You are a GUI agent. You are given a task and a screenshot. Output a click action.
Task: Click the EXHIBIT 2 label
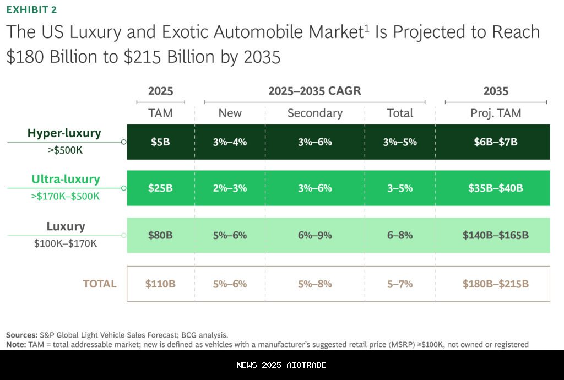(x=31, y=10)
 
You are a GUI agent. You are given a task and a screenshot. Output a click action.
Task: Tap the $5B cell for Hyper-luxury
(x=160, y=142)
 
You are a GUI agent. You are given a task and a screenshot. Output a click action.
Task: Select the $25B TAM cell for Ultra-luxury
(x=160, y=188)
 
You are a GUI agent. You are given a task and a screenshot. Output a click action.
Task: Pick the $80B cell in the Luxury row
(x=160, y=236)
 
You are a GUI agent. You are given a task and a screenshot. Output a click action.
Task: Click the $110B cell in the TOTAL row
(x=160, y=284)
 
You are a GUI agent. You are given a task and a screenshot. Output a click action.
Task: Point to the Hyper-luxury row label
(x=64, y=134)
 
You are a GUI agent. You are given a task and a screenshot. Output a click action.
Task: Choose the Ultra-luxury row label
(x=66, y=180)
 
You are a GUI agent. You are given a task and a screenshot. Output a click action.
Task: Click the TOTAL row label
(x=100, y=284)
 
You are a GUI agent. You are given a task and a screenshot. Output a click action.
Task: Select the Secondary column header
(x=314, y=113)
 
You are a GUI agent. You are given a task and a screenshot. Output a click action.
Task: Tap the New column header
(x=230, y=113)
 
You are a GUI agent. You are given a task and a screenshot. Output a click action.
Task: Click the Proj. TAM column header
(x=496, y=113)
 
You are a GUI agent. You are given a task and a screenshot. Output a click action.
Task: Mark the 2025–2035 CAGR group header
(x=314, y=91)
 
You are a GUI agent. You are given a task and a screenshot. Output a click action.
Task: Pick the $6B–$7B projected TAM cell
(x=495, y=142)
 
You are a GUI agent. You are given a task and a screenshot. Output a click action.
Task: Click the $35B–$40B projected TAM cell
(x=495, y=188)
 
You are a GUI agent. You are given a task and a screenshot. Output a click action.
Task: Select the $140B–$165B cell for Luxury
(x=495, y=236)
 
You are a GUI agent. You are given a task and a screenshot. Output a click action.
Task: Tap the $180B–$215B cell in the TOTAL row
(x=495, y=284)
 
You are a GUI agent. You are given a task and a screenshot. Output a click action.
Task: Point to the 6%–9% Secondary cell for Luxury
(x=314, y=236)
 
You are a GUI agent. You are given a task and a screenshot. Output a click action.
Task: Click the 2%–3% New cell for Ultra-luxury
(x=230, y=188)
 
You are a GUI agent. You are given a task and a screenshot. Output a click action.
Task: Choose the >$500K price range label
(x=65, y=149)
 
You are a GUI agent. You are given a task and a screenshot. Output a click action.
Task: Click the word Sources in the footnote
(x=21, y=335)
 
